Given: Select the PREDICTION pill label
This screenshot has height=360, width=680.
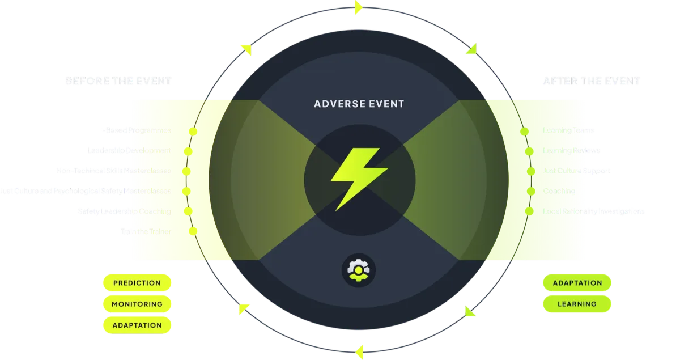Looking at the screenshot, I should coord(137,283).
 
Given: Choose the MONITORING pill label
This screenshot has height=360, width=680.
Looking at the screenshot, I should coord(137,304).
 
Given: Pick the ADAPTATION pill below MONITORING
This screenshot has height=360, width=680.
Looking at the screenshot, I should coord(137,325).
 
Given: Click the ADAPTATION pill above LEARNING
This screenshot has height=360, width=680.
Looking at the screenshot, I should coord(577,282).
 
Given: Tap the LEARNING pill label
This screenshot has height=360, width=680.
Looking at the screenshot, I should coord(577,304).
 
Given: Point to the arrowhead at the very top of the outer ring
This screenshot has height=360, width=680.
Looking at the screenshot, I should coord(358,7).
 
